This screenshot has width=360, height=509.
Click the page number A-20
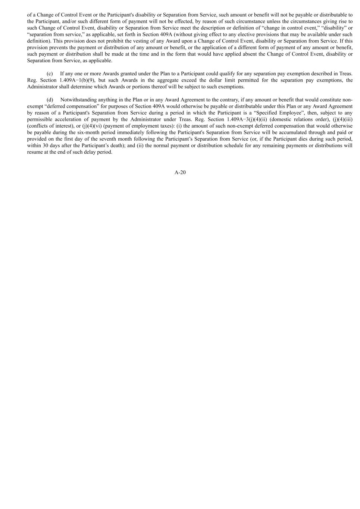(x=180, y=172)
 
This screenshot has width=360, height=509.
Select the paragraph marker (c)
(x=50, y=74)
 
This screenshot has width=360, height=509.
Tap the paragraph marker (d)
(x=50, y=100)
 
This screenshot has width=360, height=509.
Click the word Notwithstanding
(x=78, y=100)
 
